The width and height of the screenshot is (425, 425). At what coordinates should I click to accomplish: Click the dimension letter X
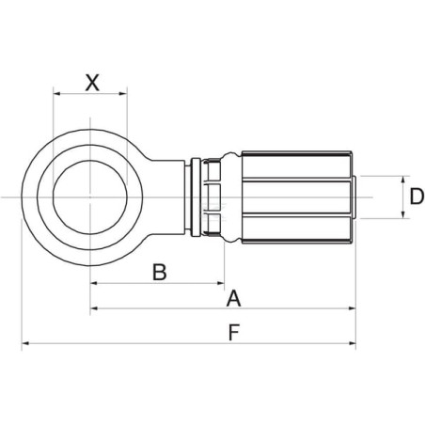[92, 83]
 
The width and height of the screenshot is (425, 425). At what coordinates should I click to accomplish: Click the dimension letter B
[159, 272]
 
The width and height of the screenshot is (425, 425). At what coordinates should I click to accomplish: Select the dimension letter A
[233, 298]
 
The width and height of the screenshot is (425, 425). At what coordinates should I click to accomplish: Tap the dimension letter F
[234, 332]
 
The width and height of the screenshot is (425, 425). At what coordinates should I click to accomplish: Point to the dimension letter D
[417, 197]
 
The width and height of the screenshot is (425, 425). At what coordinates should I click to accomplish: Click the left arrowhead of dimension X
[56, 93]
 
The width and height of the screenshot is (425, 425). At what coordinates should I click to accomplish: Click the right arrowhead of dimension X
[124, 93]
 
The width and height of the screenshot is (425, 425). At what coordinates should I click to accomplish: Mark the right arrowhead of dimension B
[221, 283]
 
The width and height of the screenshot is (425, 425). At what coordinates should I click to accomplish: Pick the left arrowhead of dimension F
[25, 343]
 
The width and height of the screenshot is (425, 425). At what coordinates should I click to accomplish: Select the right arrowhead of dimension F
[353, 343]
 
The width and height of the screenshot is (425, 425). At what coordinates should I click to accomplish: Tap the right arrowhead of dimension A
[353, 308]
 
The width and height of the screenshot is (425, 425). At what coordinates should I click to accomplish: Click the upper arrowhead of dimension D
[403, 180]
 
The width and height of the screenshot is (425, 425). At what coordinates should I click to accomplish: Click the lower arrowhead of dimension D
[403, 214]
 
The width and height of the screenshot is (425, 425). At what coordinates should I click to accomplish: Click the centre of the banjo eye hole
[90, 197]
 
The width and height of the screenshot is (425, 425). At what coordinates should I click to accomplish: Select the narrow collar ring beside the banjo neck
[195, 197]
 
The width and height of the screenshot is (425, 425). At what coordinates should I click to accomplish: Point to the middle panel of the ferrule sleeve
[297, 197]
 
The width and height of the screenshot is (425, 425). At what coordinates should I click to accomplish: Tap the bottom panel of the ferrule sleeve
[297, 228]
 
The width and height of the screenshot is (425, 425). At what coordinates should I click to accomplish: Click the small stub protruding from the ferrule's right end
[354, 197]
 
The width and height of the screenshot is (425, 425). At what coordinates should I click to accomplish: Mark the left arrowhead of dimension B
[93, 283]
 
